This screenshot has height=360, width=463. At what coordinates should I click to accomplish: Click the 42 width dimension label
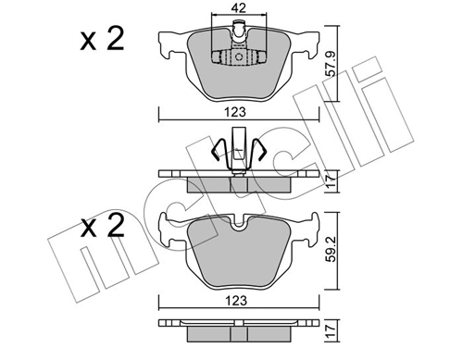(x=240, y=8)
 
